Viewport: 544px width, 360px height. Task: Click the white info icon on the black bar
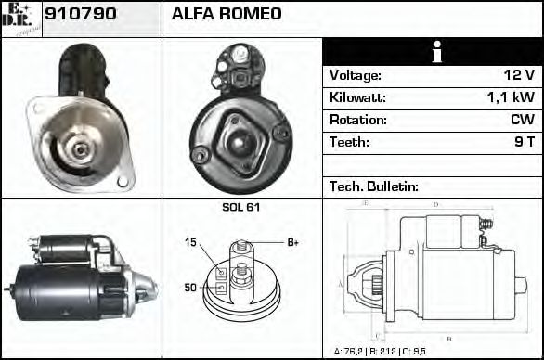[x=432, y=52]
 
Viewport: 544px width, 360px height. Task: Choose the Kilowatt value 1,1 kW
[x=511, y=97]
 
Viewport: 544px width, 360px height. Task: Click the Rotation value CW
[x=522, y=120]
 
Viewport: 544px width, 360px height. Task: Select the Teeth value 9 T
[x=525, y=142]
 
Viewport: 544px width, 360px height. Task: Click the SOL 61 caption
[x=241, y=207]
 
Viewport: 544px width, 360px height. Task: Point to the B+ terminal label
[x=292, y=242]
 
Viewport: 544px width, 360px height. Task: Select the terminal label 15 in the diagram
[x=190, y=242]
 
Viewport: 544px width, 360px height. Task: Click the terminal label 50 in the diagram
[x=190, y=288]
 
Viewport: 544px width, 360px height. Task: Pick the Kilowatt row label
[x=357, y=97]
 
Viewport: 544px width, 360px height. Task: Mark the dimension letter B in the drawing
[x=449, y=338]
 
